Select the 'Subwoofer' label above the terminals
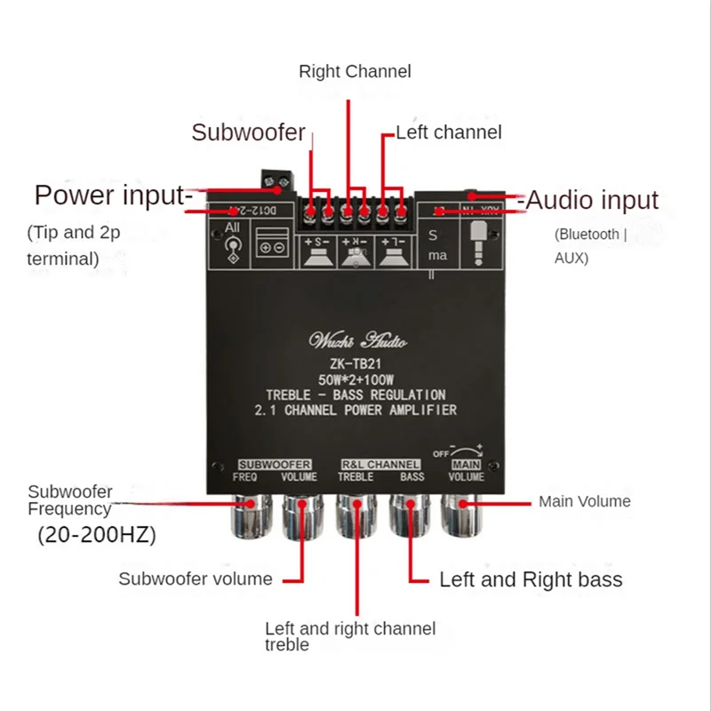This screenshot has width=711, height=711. click(x=248, y=133)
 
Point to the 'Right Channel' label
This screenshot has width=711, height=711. click(x=355, y=71)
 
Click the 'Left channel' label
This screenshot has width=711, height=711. click(x=449, y=132)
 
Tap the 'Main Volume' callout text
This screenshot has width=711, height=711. click(x=584, y=501)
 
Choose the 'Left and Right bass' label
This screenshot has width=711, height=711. click(x=531, y=579)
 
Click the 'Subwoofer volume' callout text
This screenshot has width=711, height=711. click(x=196, y=579)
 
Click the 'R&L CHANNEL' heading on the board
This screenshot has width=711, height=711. click(x=380, y=464)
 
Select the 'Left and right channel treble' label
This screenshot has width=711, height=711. click(x=350, y=636)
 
